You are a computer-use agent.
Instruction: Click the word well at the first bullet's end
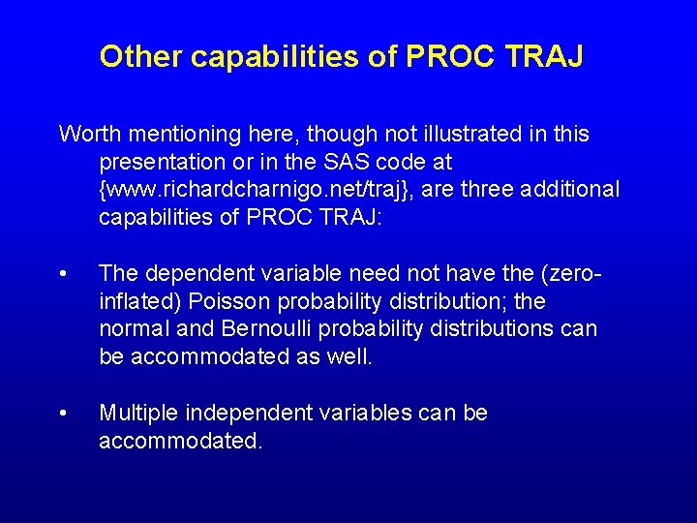tap(347, 357)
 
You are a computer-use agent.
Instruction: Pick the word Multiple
tap(137, 414)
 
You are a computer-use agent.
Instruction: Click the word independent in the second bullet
tap(246, 414)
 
